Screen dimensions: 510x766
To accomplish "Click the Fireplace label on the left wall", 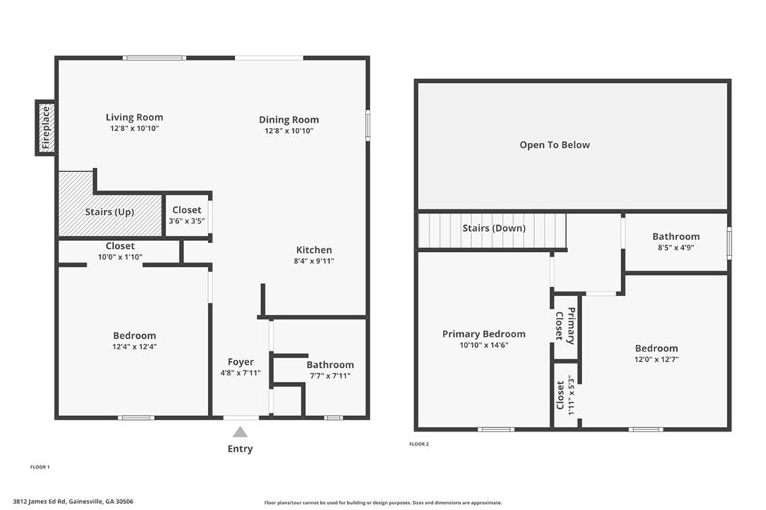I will [45, 128].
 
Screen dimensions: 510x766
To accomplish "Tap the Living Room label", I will [134, 117].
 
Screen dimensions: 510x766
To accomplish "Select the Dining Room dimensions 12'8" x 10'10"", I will [289, 131].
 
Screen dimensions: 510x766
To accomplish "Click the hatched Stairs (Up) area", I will [109, 212].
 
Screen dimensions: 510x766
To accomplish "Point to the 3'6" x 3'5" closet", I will [186, 215].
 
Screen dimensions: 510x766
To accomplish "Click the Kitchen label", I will [313, 250].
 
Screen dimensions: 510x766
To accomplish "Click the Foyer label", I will [240, 362].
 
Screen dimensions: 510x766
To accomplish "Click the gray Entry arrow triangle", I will [240, 431].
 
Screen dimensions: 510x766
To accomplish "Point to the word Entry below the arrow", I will [240, 449].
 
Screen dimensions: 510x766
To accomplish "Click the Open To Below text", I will [554, 145].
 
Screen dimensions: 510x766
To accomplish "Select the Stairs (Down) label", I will [494, 228].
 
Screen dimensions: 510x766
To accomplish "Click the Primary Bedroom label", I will [483, 334].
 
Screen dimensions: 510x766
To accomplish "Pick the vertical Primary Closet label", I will [565, 325].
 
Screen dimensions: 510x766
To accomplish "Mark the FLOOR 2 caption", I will [419, 444].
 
